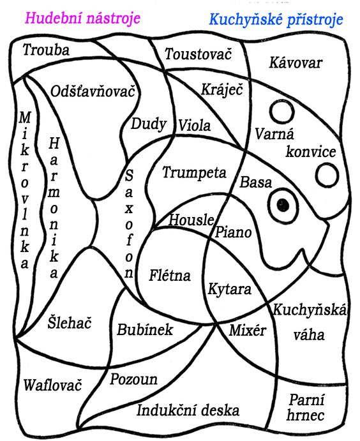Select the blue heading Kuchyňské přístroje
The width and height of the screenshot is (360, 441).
pos(276,20)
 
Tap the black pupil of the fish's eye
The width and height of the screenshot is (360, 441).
pos(283,205)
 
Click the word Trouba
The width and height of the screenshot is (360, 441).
pos(46,50)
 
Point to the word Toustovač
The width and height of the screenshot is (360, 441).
pos(199,54)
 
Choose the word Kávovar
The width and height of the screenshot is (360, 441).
pos(296,63)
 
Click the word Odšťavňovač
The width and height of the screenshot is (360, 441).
pos(93,91)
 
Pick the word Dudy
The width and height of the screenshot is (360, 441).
pos(149,124)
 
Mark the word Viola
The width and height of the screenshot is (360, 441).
pos(195,126)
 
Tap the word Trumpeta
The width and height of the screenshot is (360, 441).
pos(194,172)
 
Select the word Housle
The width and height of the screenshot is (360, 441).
pos(191,219)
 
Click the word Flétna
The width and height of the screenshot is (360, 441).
pos(170,275)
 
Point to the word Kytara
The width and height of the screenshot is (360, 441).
pos(230,289)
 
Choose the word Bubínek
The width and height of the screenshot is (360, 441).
pos(145,329)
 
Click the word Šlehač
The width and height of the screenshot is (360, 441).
pos(70,322)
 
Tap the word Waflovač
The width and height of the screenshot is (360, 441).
pos(52,385)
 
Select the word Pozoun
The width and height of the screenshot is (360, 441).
pos(133,379)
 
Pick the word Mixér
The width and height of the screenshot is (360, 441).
pos(248,330)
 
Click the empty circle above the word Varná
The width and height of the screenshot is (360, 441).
pos(282,112)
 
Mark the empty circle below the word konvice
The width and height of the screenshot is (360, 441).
pos(327,175)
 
